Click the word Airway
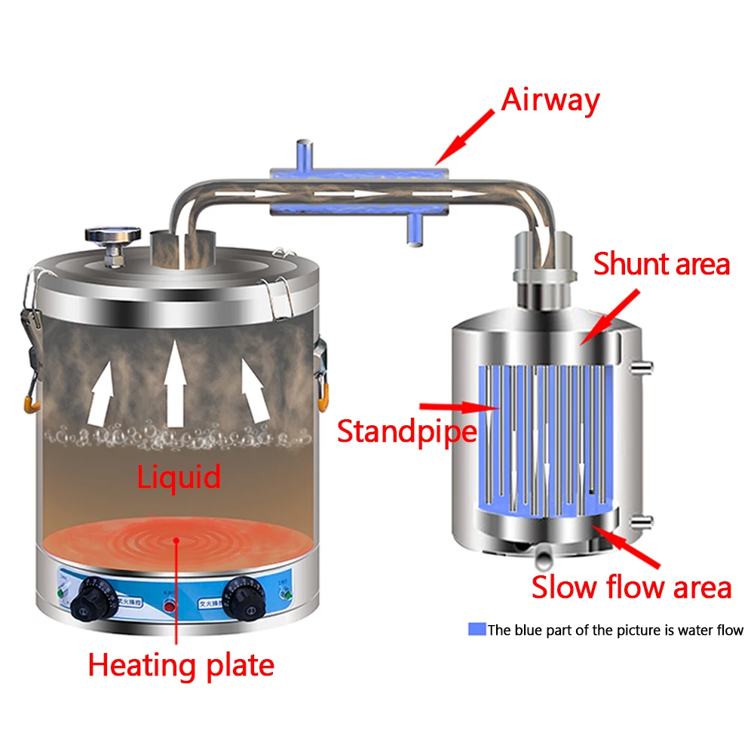point(550,101)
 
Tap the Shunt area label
point(661,265)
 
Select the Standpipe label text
point(406,431)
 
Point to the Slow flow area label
point(631,587)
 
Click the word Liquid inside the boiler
point(179,477)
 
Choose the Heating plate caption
point(181,665)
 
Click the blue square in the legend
point(477,630)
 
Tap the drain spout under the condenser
point(542,558)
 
